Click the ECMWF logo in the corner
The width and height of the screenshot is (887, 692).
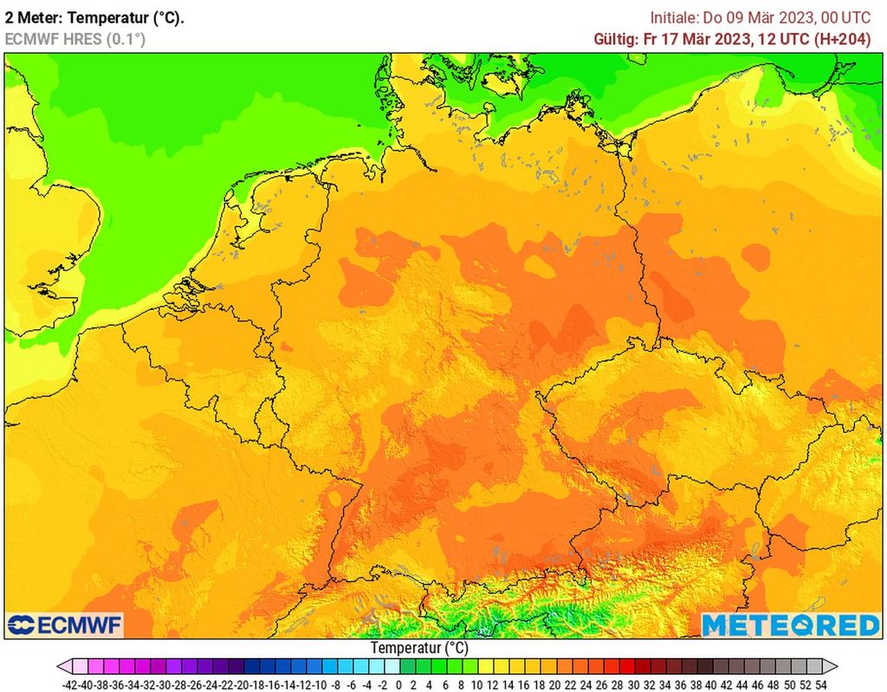(x=65, y=624)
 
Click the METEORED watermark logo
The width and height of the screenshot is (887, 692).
(x=790, y=624)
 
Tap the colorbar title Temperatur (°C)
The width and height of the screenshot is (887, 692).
(x=419, y=648)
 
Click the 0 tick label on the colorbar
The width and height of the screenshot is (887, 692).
(x=398, y=683)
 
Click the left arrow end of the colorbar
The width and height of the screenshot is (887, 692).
(x=63, y=667)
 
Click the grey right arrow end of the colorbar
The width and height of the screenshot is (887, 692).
(x=831, y=667)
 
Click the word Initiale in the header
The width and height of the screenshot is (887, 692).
(x=674, y=17)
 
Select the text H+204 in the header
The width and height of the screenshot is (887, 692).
(x=846, y=39)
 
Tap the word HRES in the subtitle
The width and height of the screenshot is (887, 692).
(x=83, y=39)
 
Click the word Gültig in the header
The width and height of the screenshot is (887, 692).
(x=614, y=39)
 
